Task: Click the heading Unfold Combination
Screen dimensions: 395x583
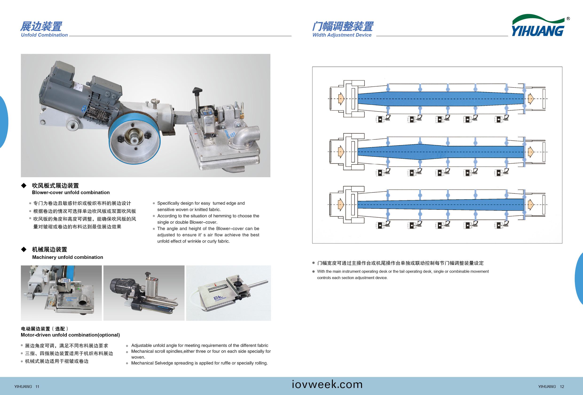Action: tap(44, 35)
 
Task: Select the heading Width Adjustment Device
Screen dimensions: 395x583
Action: tap(342, 35)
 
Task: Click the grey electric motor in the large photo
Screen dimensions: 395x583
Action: tap(75, 95)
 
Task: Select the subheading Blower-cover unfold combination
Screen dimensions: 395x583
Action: tap(71, 192)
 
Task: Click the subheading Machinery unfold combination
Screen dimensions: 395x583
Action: tap(67, 257)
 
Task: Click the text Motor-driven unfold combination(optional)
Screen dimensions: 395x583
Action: tap(70, 335)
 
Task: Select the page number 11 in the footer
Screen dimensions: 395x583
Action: tap(37, 387)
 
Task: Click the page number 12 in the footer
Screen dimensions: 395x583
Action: tap(562, 387)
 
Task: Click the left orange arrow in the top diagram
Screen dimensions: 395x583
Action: tap(341, 99)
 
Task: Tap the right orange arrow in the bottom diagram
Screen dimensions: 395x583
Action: tap(530, 205)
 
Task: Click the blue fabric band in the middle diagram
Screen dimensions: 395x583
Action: tap(439, 152)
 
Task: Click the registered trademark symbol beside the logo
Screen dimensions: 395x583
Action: tap(568, 19)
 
